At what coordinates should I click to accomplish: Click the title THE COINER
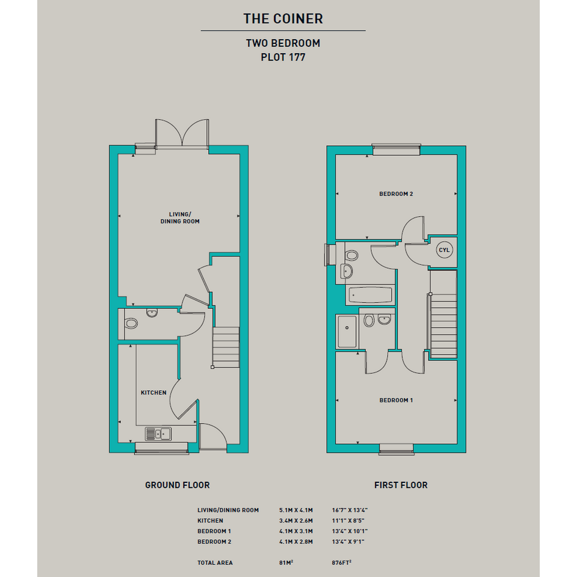[283, 19]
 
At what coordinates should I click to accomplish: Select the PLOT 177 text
[283, 57]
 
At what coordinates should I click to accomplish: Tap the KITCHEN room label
[153, 393]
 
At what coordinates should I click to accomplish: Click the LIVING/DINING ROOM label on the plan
[180, 217]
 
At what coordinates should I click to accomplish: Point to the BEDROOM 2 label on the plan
[396, 194]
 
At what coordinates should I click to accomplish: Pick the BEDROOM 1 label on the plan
[396, 400]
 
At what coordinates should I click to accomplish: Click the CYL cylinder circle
[444, 250]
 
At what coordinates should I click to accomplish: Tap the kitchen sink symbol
[158, 434]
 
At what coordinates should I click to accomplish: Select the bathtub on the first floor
[370, 295]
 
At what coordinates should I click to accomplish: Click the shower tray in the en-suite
[347, 331]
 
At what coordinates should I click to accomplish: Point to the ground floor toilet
[131, 324]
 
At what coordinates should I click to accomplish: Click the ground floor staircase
[226, 347]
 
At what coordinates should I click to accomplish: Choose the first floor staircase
[443, 314]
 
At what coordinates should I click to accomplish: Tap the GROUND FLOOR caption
[177, 485]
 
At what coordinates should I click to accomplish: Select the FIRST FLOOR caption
[401, 485]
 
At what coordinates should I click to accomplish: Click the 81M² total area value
[286, 562]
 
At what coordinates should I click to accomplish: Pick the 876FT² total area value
[341, 562]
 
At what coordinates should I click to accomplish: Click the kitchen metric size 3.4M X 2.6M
[296, 521]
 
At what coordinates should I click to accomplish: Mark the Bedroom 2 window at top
[396, 150]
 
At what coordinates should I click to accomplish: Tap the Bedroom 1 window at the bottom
[396, 449]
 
